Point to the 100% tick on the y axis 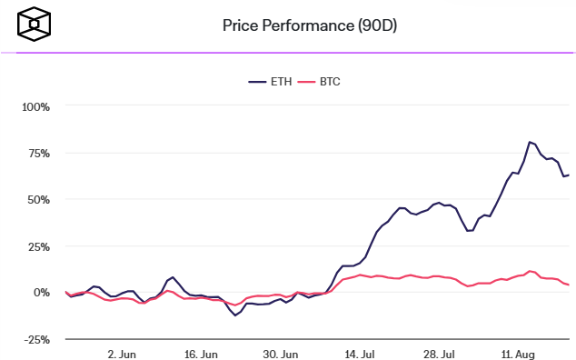coord(35,106)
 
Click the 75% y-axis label coord(38,153)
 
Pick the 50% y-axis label coord(38,199)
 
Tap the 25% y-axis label coord(38,246)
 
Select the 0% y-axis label coord(42,293)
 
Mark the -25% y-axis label coord(36,339)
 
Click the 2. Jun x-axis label coord(122,353)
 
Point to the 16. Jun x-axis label coord(202,353)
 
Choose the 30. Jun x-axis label coord(282,353)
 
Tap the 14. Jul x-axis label coord(362,353)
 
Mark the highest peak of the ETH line coord(529,142)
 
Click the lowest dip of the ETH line coord(235,315)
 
